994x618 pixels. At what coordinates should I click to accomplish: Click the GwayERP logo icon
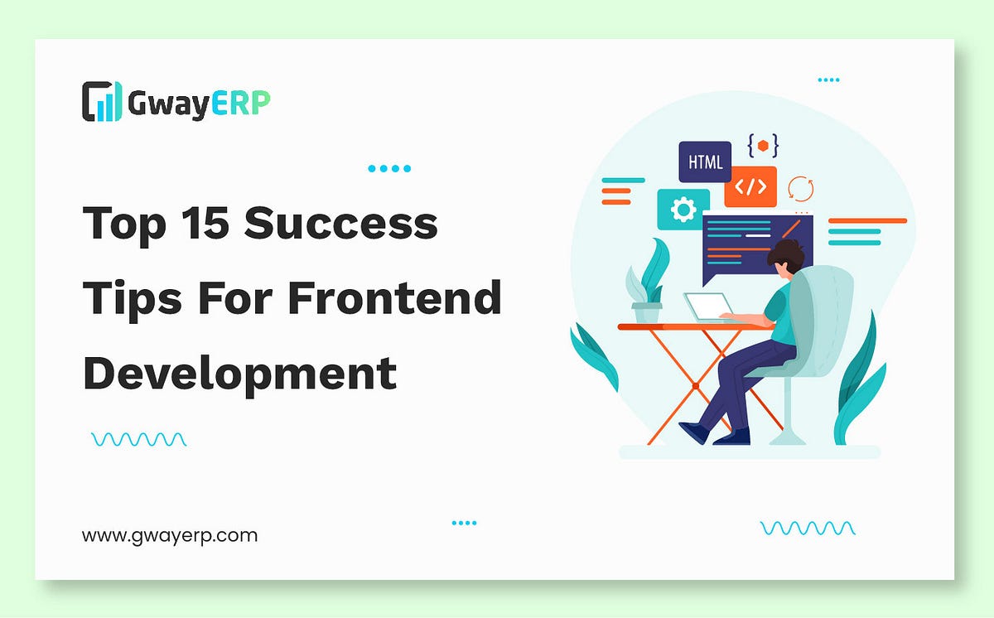pos(101,101)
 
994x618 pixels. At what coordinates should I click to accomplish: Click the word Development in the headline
pos(239,373)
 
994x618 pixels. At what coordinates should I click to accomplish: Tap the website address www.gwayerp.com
pos(170,535)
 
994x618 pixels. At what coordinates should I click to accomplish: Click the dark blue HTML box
pos(705,162)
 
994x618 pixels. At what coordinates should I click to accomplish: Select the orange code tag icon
pos(750,186)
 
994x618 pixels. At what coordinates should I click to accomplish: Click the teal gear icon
pos(683,210)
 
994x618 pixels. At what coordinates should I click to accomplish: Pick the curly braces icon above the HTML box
pos(763,146)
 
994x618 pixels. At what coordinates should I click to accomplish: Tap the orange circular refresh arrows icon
pos(801,188)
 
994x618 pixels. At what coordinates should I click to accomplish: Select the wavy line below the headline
pos(138,439)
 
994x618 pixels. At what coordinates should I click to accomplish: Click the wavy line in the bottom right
pos(808,528)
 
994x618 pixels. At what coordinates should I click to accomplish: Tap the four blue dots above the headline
pos(389,169)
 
